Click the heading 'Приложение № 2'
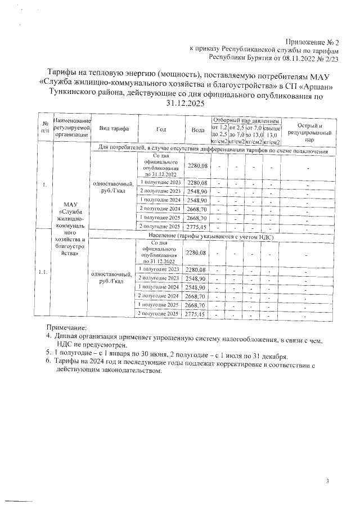(x=312, y=42)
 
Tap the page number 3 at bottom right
(x=327, y=481)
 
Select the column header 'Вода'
(x=198, y=129)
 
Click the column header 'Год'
(x=161, y=129)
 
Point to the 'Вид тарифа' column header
(x=112, y=129)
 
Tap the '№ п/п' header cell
(x=43, y=129)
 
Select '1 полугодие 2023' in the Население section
(x=160, y=269)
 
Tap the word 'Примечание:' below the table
(x=66, y=328)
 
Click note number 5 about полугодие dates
(x=169, y=356)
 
